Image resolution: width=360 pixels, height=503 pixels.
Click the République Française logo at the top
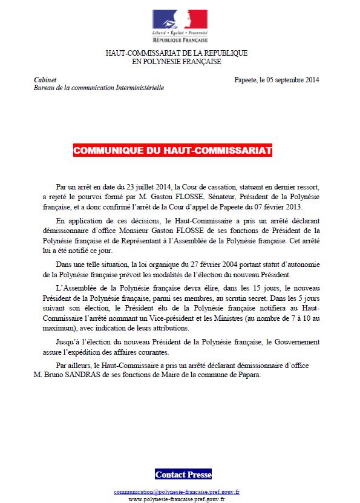pos(180,23)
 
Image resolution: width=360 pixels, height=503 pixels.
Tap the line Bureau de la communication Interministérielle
pos(99,88)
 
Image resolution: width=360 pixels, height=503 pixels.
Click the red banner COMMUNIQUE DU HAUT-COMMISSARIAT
pos(172,151)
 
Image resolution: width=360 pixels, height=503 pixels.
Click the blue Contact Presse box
pos(183,474)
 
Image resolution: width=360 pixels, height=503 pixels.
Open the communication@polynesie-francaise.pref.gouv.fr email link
pos(177,492)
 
